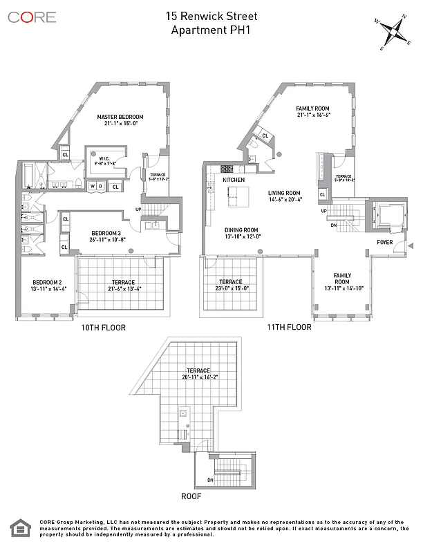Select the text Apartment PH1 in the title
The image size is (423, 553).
pos(211,30)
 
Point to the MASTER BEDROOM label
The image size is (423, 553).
pos(120,116)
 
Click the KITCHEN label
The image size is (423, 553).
pos(234,180)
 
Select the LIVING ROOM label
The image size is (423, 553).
pos(284,193)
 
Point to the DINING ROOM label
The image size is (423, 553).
pos(241,230)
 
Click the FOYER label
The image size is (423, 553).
pos(385,243)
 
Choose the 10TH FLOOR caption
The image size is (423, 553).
pos(104,328)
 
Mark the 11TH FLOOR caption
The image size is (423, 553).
pos(290,328)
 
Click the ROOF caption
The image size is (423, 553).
pos(191,496)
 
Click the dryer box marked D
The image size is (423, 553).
pos(102,186)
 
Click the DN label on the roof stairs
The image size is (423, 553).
pos(210,480)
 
